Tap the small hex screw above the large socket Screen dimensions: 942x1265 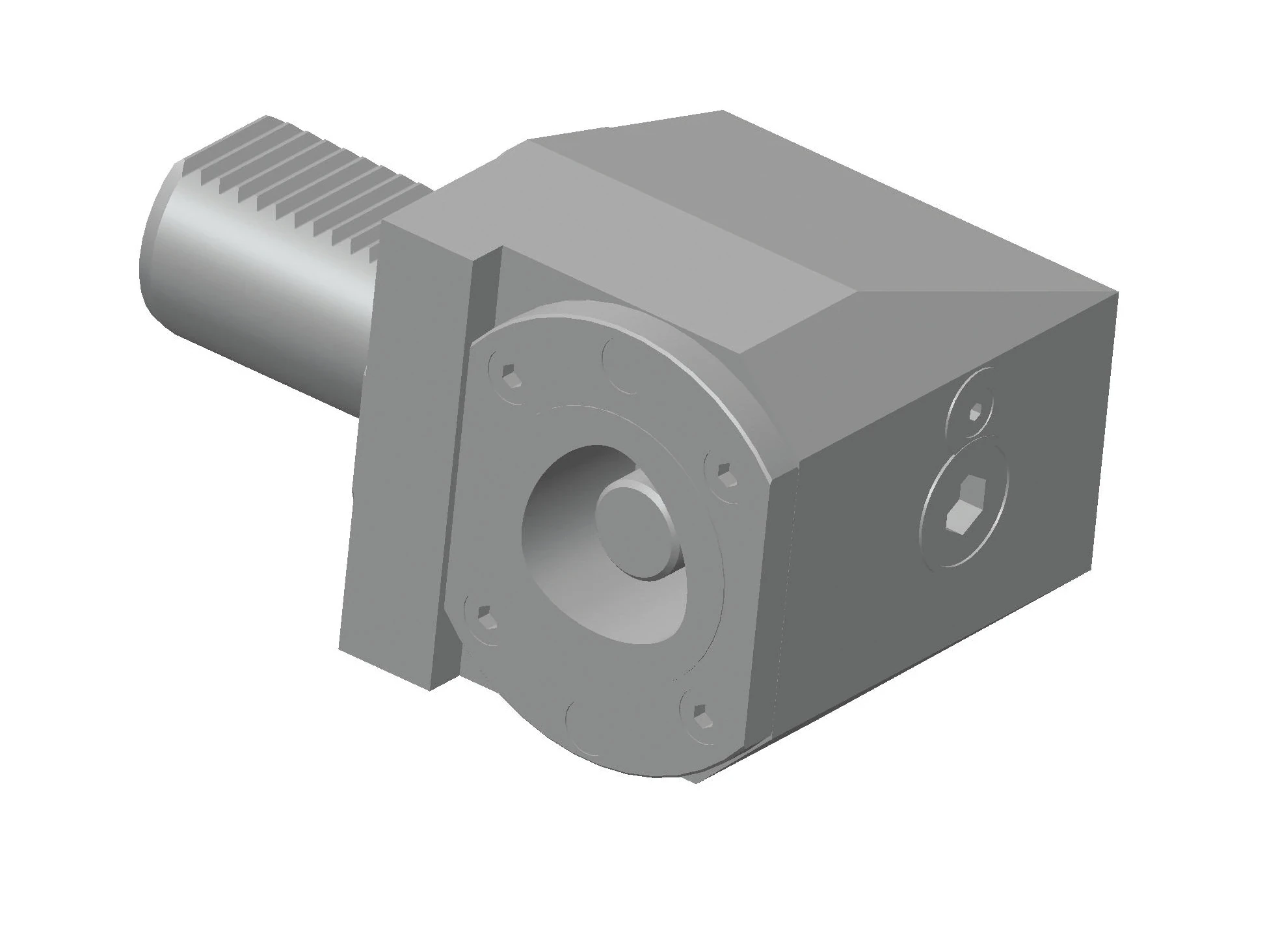coord(975,412)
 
